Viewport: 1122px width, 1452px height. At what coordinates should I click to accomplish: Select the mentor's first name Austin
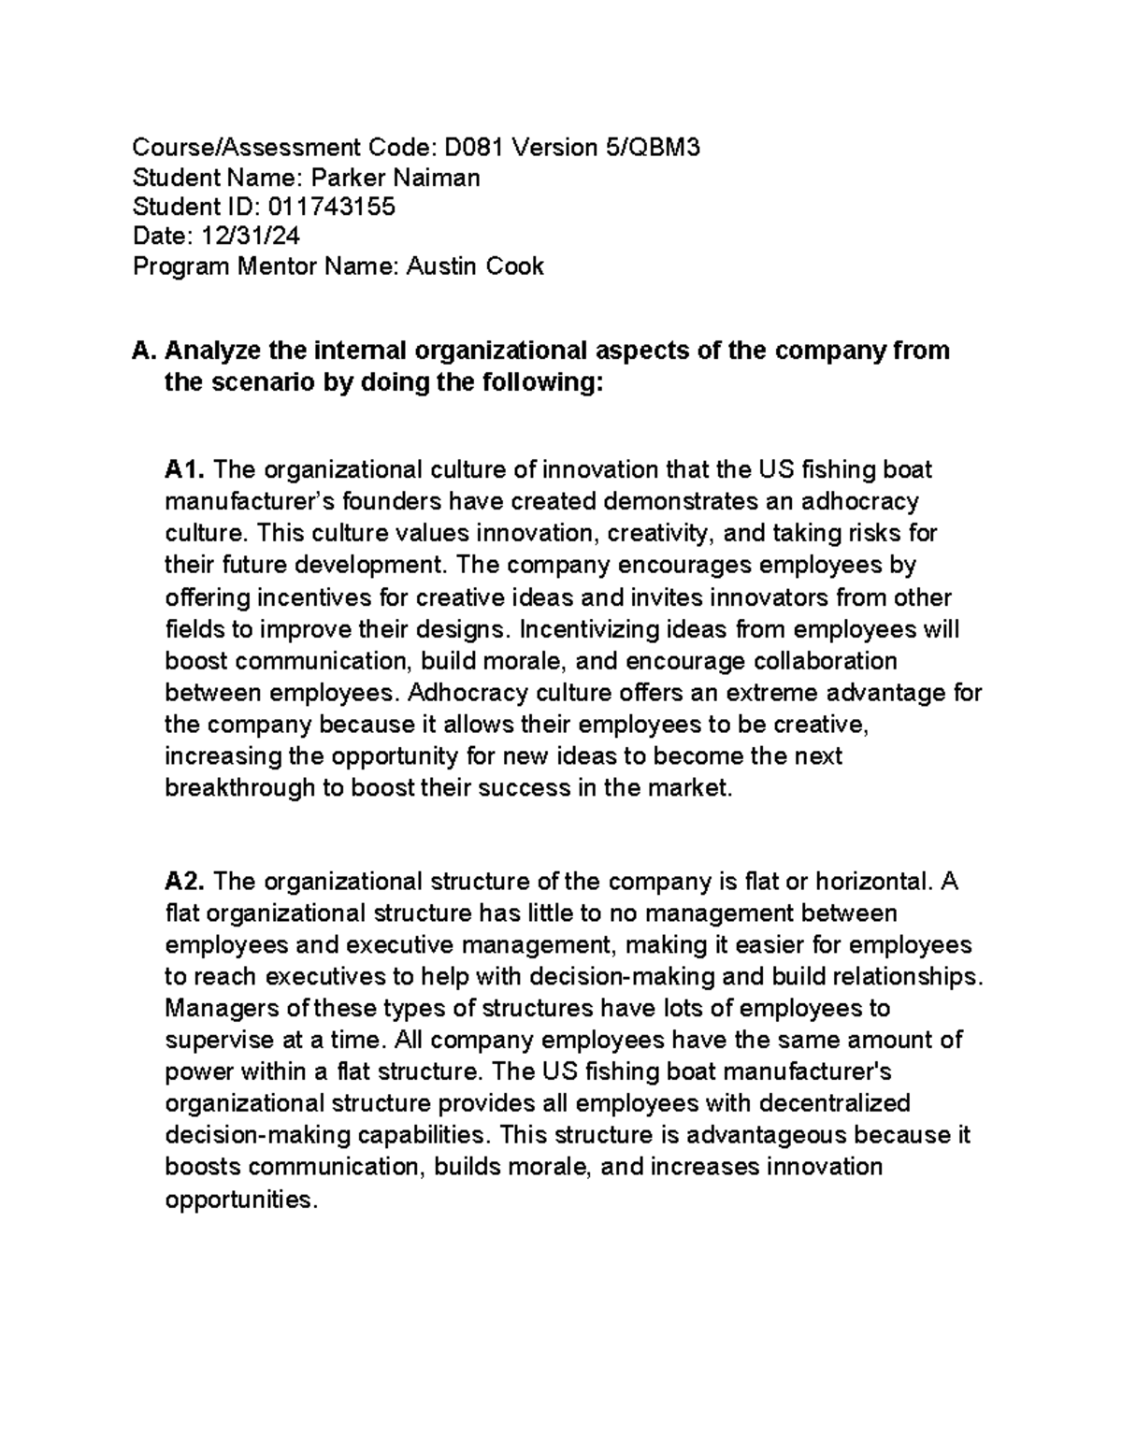click(441, 267)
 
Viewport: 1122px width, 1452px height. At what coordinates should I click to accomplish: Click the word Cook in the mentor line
click(513, 267)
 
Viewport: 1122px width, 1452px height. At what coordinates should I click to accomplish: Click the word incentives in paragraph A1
click(319, 597)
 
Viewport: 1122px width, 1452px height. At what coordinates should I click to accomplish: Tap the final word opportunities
click(241, 1200)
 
